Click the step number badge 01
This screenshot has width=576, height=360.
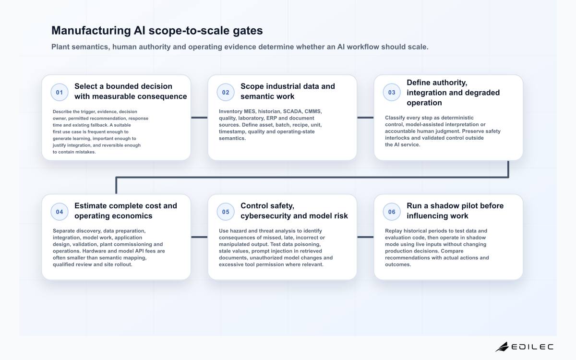[60, 92]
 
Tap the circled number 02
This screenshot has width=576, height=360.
[226, 92]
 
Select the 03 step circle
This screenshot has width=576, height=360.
[392, 92]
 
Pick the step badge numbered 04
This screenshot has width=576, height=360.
[60, 212]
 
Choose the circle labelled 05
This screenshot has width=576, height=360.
[226, 212]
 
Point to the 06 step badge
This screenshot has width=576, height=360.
[392, 212]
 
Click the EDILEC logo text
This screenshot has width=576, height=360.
[532, 347]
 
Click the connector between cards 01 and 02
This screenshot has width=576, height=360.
[199, 118]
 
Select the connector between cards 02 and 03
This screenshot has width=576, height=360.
[365, 118]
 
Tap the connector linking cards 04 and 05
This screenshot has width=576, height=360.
[199, 237]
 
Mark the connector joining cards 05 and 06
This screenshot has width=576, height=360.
[365, 237]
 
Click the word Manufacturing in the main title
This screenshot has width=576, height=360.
[91, 31]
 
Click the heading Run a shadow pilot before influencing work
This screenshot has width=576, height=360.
[455, 211]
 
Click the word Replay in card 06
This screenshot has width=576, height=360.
[393, 231]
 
